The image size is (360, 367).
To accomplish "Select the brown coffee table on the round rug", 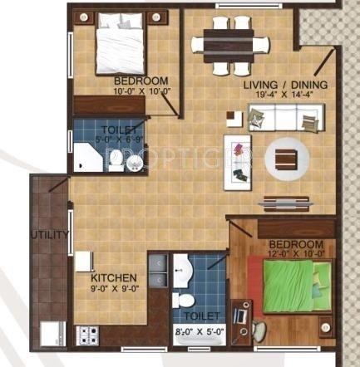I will pyautogui.click(x=285, y=157).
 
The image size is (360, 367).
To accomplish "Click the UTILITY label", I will pyautogui.click(x=50, y=235).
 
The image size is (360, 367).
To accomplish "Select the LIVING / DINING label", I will pyautogui.click(x=285, y=85).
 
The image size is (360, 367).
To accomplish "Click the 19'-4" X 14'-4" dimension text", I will pyautogui.click(x=285, y=96).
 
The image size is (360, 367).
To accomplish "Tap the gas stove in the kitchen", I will pyautogui.click(x=86, y=335).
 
